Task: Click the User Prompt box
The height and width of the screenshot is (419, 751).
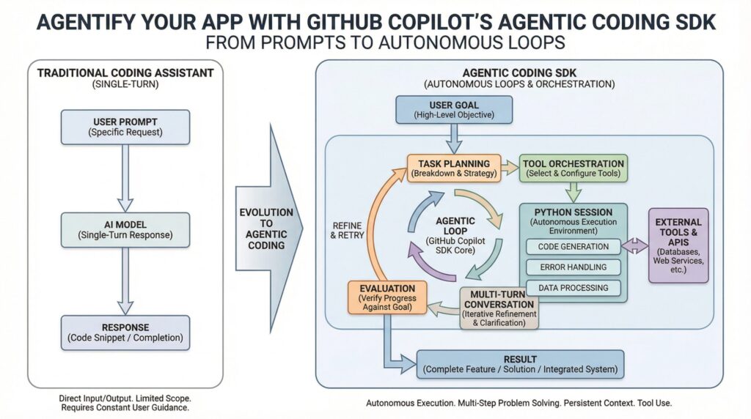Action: click(x=125, y=127)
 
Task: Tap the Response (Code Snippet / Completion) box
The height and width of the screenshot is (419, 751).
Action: click(x=125, y=333)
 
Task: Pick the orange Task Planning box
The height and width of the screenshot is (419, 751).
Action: click(x=454, y=168)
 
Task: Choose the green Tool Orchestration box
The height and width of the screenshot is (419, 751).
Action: click(x=574, y=168)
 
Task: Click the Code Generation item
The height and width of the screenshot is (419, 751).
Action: click(x=574, y=247)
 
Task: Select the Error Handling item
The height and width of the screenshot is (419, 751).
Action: click(x=574, y=267)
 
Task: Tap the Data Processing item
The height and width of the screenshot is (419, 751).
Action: click(x=574, y=288)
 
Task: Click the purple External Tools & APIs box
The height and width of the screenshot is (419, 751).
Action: click(x=678, y=245)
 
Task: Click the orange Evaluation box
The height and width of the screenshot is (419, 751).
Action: click(x=387, y=298)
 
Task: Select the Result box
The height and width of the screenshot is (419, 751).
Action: click(x=520, y=364)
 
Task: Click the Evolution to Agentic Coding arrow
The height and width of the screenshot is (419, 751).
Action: click(x=267, y=228)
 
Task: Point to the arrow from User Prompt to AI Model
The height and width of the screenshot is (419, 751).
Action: click(x=125, y=177)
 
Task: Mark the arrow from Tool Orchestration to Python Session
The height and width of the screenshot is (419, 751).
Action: click(x=574, y=193)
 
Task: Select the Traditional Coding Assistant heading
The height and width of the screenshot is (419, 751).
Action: click(x=125, y=73)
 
